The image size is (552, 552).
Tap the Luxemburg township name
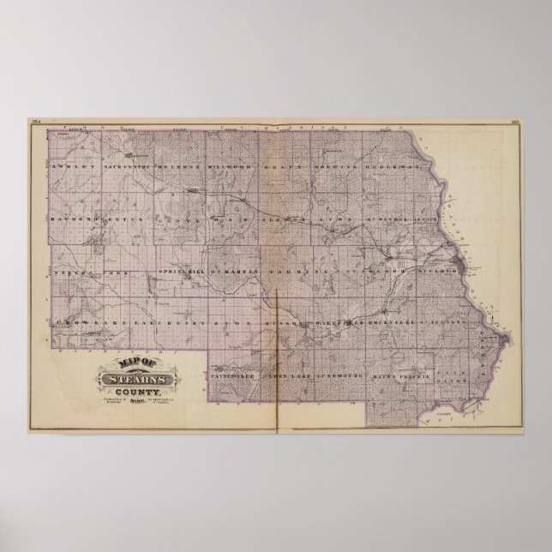tap(339, 375)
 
